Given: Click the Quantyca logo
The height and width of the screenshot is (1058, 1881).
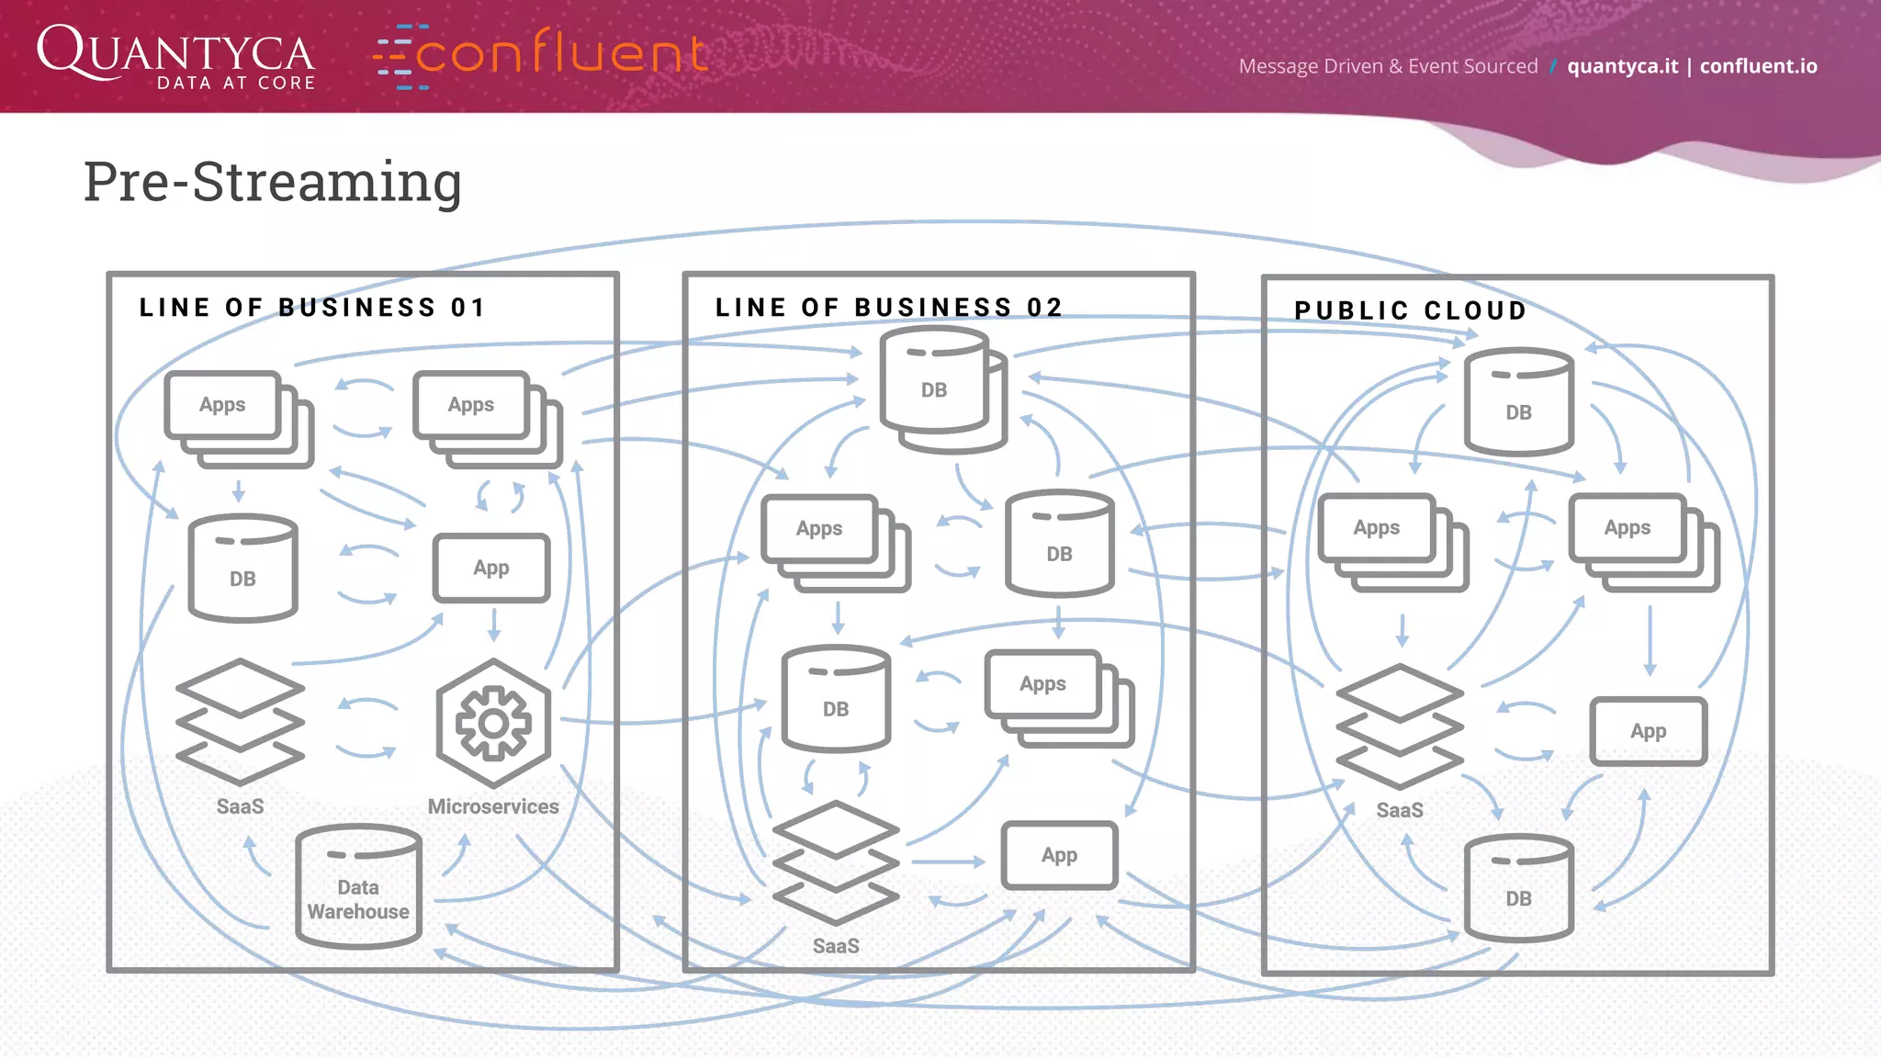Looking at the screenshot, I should point(175,57).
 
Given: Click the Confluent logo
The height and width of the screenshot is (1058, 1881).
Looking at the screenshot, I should point(540,55).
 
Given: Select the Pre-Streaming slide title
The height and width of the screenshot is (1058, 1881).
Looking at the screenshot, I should point(273,182).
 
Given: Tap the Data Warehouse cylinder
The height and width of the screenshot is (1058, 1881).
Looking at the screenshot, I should point(358,886).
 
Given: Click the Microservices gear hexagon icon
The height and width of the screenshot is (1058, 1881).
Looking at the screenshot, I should point(493,723).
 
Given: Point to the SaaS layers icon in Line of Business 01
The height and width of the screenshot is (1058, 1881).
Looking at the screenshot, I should point(240,722).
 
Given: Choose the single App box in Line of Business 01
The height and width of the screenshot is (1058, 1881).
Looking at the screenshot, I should point(491,568).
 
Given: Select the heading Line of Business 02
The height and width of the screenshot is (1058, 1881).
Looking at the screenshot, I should point(888,308).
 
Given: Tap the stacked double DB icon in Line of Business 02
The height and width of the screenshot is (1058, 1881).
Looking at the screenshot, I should point(941,391).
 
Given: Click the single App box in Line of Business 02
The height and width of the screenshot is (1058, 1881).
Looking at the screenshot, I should point(1059,855).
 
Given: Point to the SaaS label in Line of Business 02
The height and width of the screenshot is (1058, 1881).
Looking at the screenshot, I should point(836,946).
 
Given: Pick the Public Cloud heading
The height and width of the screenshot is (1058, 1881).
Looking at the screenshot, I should point(1410,311).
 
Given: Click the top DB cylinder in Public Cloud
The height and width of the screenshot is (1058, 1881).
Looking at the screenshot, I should point(1518,402).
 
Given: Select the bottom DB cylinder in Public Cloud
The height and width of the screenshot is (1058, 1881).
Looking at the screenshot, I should point(1518,888).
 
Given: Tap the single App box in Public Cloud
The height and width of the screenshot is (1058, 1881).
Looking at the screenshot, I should point(1648,731).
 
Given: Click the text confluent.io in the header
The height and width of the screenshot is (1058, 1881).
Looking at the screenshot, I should point(1758,66).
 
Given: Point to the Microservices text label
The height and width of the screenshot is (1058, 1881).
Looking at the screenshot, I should point(493,806).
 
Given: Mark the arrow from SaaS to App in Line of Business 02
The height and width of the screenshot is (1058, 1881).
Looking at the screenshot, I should point(948,862).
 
